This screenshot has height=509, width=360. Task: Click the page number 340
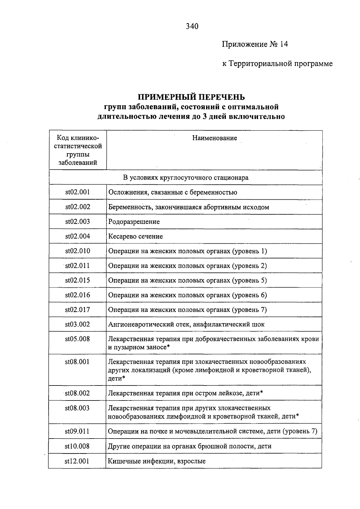click(192, 27)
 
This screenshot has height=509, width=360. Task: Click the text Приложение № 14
click(255, 45)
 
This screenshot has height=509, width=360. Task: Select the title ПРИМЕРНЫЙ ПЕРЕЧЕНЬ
click(191, 97)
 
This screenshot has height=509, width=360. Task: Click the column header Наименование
click(214, 138)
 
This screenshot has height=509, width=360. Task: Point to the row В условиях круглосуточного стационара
click(186, 178)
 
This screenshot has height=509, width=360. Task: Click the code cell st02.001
click(78, 192)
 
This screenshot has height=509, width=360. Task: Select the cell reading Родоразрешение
click(134, 222)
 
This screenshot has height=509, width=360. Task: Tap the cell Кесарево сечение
click(136, 237)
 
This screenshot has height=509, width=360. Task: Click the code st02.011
click(78, 266)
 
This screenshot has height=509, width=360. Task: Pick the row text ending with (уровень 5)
click(187, 281)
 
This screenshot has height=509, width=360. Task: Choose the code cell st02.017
click(78, 310)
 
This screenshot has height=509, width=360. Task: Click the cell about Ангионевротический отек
click(186, 324)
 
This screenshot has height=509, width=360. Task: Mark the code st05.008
click(78, 339)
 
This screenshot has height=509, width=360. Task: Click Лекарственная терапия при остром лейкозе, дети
click(185, 393)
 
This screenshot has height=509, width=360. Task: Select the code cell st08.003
click(77, 408)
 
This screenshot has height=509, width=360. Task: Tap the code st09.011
click(77, 432)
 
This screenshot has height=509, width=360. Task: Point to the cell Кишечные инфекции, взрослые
click(157, 461)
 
